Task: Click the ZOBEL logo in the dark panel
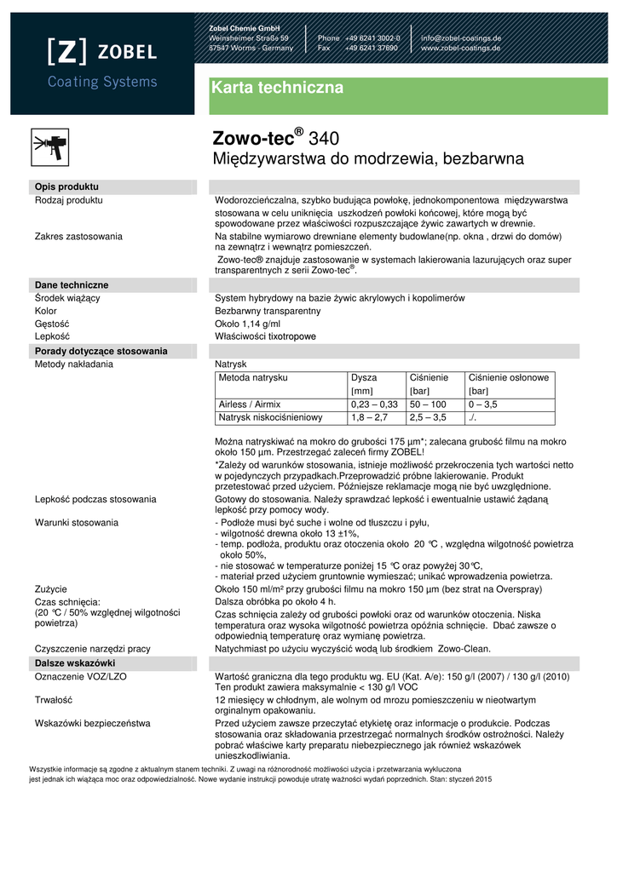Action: tap(101, 52)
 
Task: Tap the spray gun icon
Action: tap(49, 144)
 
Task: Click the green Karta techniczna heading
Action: tap(277, 88)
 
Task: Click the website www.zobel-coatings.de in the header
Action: tap(461, 49)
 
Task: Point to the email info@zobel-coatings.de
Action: tap(460, 38)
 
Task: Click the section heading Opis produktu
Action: tap(66, 186)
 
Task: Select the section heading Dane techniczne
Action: tap(72, 284)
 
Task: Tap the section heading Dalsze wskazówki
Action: tap(75, 663)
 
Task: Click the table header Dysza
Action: tap(364, 377)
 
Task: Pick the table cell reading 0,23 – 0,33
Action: tap(374, 404)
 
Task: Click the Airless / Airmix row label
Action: tap(250, 404)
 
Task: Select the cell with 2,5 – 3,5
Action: tap(428, 417)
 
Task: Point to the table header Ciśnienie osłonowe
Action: tap(509, 377)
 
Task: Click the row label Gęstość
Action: tap(52, 324)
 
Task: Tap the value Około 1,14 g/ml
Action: tap(247, 324)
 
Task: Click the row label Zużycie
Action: tap(51, 588)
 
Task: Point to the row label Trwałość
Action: tap(53, 699)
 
